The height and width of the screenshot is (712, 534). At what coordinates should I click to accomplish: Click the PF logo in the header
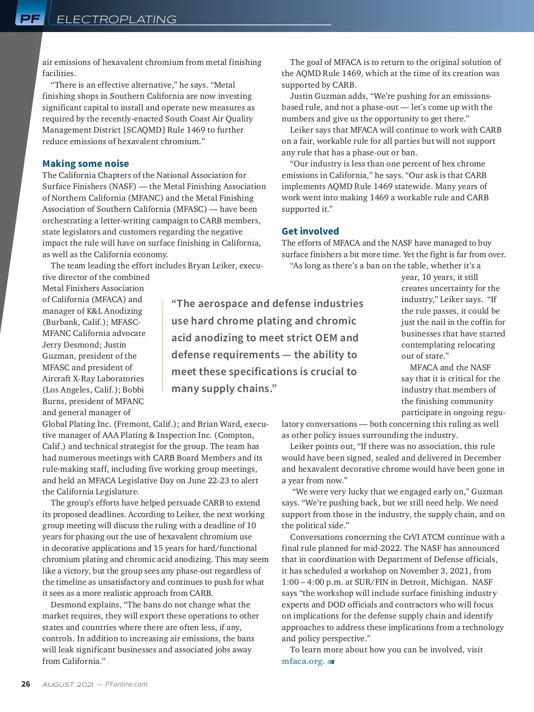[30, 19]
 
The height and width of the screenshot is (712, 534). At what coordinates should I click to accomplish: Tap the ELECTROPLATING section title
[117, 19]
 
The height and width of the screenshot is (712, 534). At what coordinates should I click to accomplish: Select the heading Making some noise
[85, 164]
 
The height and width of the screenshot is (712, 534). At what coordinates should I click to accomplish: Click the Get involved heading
[310, 231]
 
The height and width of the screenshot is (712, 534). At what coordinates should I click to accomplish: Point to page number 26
[26, 684]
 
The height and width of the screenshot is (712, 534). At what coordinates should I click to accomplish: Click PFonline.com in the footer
[126, 684]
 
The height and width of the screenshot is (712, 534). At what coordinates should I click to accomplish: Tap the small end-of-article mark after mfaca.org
[331, 662]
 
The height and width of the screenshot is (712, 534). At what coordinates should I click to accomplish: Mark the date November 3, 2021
[431, 571]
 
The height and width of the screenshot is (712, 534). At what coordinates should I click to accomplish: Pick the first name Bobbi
[133, 390]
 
